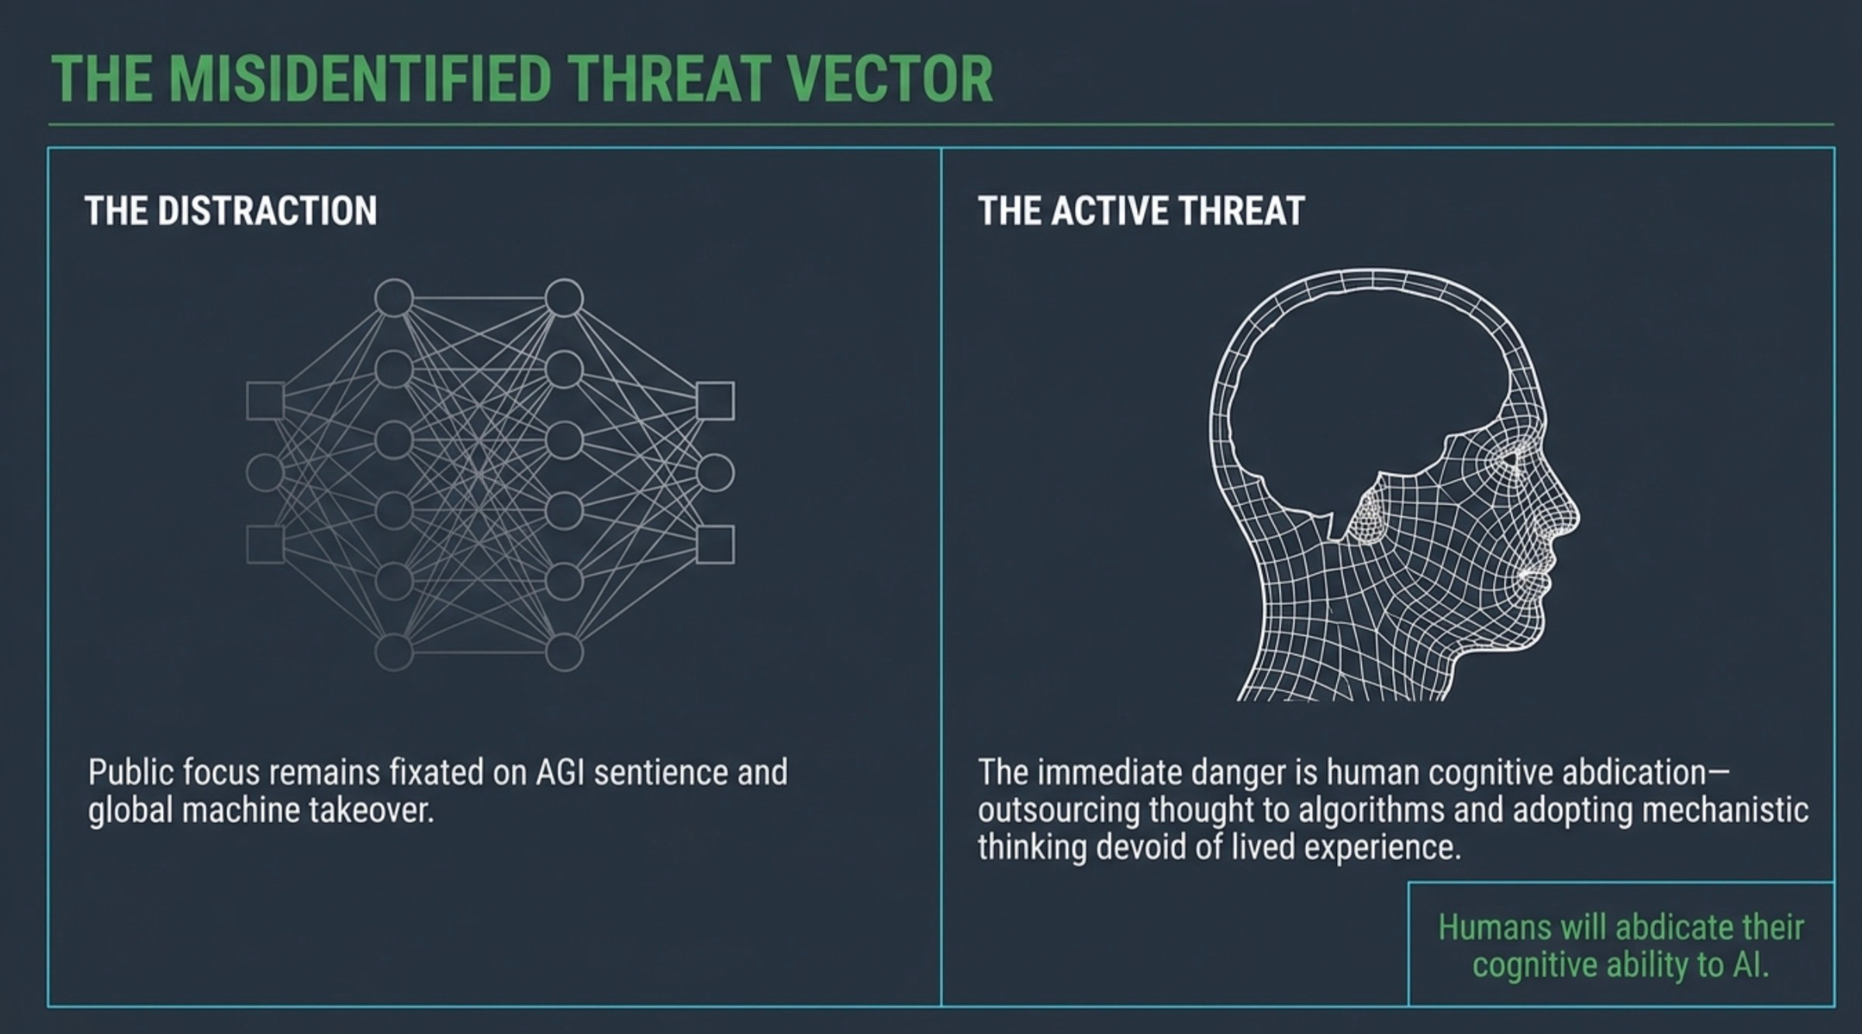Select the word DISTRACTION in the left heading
point(267,211)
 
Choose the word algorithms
point(1371,810)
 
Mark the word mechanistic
point(1726,810)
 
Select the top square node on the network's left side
point(265,401)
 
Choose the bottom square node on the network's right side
point(715,545)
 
